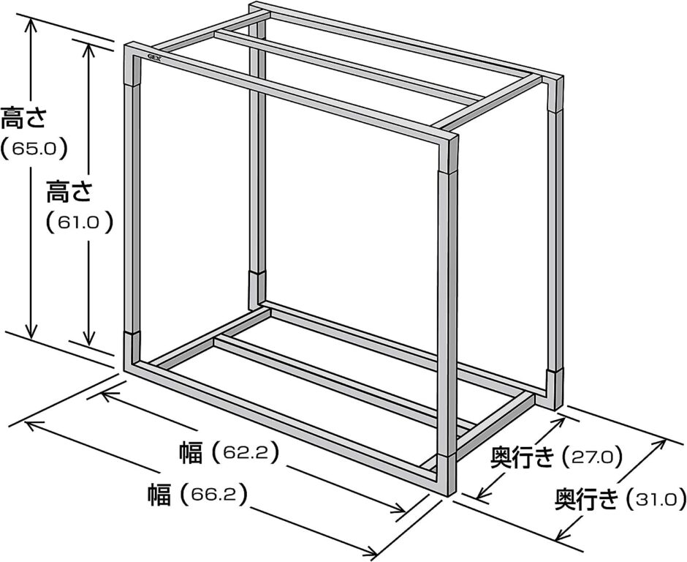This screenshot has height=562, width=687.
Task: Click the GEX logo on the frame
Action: point(153,58)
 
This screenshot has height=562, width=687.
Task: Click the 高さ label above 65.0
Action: point(23,118)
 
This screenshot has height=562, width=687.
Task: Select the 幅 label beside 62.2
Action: point(191,452)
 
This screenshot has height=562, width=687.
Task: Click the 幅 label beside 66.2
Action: point(159,495)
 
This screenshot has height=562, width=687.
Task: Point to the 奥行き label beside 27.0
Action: point(523,459)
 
